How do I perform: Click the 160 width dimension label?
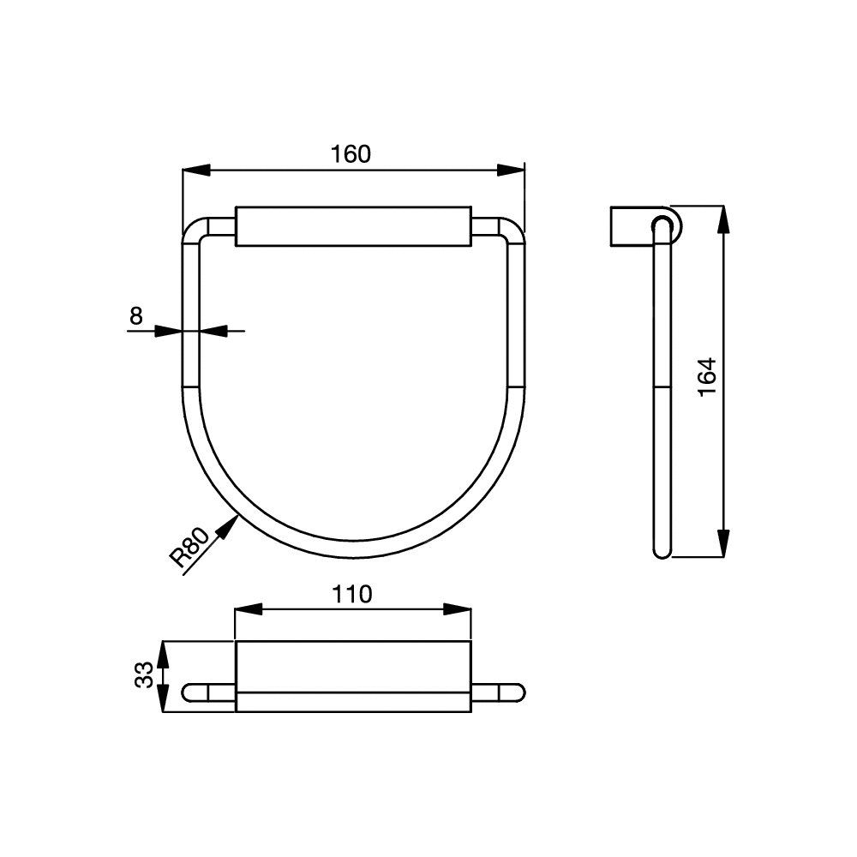click(351, 154)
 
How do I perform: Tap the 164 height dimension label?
click(707, 377)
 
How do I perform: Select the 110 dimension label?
click(351, 594)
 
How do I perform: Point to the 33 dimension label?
click(144, 675)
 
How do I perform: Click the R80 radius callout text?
click(189, 547)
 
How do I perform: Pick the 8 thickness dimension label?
click(136, 316)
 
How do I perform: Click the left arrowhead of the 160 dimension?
click(195, 170)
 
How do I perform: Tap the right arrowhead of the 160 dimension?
click(511, 170)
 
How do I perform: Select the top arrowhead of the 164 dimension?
click(723, 219)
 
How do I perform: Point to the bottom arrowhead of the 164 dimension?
click(723, 543)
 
